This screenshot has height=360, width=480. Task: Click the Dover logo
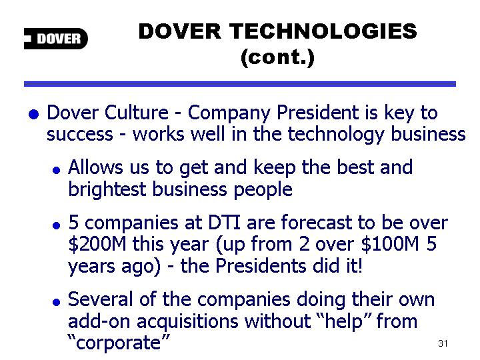pyautogui.click(x=56, y=39)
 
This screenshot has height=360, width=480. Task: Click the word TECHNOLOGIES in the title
pyautogui.click(x=323, y=31)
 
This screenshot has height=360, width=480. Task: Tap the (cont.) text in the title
pyautogui.click(x=277, y=57)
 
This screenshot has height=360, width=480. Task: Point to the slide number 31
pyautogui.click(x=443, y=343)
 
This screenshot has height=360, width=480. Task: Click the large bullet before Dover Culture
pyautogui.click(x=34, y=114)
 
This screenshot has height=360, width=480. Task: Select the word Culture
pyautogui.click(x=137, y=113)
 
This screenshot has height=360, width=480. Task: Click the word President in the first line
pyautogui.click(x=317, y=113)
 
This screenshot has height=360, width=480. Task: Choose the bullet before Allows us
pyautogui.click(x=56, y=170)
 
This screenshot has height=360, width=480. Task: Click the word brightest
pyautogui.click(x=107, y=189)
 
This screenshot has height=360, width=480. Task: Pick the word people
pyautogui.click(x=263, y=190)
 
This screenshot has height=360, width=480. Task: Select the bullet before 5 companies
pyautogui.click(x=56, y=225)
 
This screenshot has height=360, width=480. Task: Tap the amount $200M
pyautogui.click(x=97, y=244)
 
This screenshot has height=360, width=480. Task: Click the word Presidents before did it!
pyautogui.click(x=261, y=265)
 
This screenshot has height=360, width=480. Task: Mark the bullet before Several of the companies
pyautogui.click(x=56, y=303)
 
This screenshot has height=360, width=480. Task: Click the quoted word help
pyautogui.click(x=343, y=322)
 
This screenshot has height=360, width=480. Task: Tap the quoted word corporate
pyautogui.click(x=119, y=343)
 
